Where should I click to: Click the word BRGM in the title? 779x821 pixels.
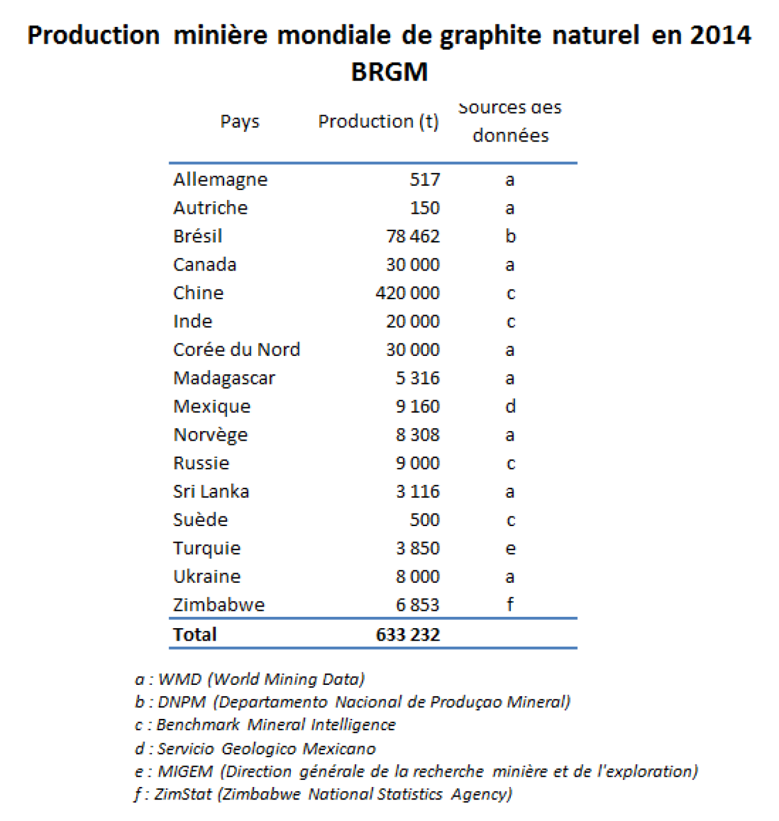[390, 72]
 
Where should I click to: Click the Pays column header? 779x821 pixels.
[240, 122]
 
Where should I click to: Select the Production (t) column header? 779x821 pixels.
[378, 122]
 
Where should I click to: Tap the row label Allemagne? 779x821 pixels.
[220, 180]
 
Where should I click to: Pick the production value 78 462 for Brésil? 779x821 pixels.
[413, 236]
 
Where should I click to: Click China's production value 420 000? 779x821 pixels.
[407, 293]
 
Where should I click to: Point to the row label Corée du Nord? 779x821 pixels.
[237, 350]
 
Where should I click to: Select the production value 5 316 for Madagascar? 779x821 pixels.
[418, 378]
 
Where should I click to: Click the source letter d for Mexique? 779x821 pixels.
[510, 407]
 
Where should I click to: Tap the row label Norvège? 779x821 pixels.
[210, 435]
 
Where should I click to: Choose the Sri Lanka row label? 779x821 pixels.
[211, 491]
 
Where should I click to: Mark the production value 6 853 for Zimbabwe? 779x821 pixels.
[418, 605]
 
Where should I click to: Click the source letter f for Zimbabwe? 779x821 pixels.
[510, 604]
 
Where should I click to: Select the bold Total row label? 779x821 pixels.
[195, 634]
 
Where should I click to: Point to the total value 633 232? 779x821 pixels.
[408, 634]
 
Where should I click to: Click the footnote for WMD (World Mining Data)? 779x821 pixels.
[250, 679]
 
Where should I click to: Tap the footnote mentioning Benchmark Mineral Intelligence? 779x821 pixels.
[265, 725]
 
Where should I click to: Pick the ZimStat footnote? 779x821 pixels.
[323, 794]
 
